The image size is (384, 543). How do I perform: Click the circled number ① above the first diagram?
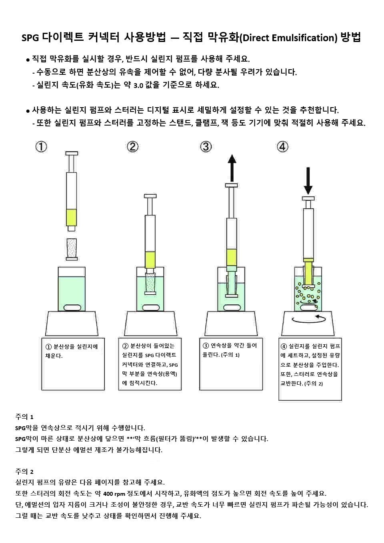41,147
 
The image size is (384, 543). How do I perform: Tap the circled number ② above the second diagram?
133,147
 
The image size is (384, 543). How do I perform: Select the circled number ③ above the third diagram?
206,147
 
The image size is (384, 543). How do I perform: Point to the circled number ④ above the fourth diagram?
282,147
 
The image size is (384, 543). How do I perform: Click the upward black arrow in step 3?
232,168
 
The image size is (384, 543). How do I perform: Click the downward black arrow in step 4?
308,181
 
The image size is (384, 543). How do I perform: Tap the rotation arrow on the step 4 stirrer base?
309,319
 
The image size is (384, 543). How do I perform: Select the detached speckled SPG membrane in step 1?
72,250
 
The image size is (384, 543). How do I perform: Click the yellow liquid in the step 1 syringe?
72,217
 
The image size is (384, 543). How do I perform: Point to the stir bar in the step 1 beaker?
72,307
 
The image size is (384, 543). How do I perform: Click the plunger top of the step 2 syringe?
150,196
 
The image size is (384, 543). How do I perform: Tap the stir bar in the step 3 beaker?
232,307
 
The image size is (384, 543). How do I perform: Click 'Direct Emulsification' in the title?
289,38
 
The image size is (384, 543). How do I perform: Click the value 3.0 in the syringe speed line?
138,86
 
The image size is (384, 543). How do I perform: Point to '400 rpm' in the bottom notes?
114,494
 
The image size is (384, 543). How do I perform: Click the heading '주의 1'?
24,417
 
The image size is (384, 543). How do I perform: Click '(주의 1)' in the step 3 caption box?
230,355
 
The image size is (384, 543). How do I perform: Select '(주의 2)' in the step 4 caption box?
314,383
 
